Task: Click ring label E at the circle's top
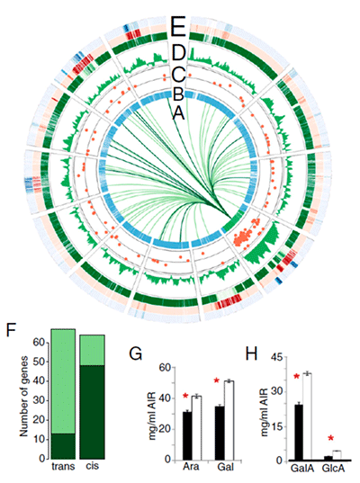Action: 179,27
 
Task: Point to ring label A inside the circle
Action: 179,113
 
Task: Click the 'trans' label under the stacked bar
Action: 63,467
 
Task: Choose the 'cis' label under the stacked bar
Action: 92,465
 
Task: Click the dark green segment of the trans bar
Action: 63,446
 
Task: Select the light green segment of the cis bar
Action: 92,350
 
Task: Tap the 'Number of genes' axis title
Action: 23,397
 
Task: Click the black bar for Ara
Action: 187,435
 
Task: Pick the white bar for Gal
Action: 229,420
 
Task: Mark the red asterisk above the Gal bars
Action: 216,380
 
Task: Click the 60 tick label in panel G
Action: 166,368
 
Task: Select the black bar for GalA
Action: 299,432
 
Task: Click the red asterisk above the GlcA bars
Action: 330,438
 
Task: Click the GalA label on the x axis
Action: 302,469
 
